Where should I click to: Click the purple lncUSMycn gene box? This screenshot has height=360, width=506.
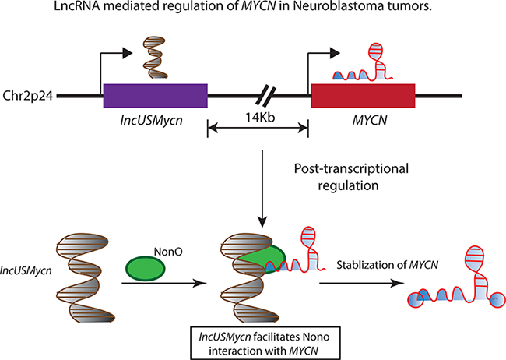pyautogui.click(x=155, y=97)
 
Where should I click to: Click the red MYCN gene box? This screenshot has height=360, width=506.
pyautogui.click(x=362, y=97)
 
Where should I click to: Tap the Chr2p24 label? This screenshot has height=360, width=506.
pyautogui.click(x=28, y=97)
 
